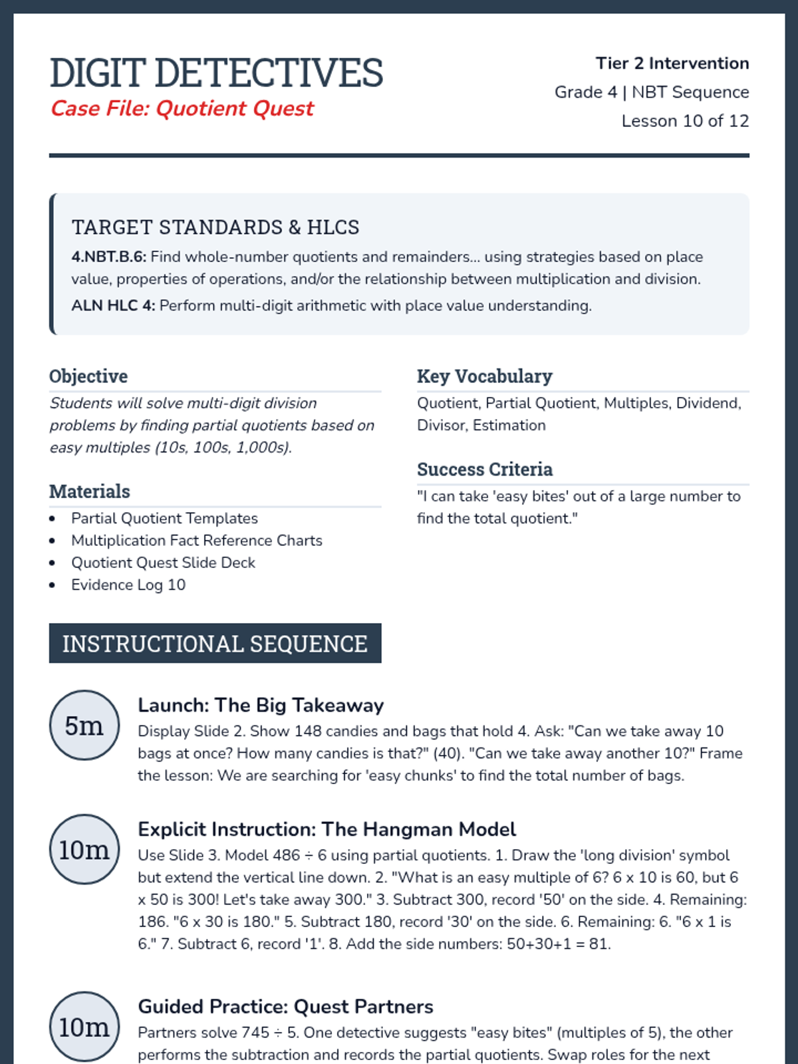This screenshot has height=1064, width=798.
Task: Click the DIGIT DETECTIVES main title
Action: click(x=216, y=72)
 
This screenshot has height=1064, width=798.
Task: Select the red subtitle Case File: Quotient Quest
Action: click(x=182, y=108)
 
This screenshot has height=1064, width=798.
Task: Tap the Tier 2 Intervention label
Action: click(x=672, y=63)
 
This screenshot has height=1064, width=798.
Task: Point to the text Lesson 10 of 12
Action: click(x=685, y=121)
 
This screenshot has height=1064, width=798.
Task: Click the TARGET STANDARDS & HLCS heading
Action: click(x=215, y=227)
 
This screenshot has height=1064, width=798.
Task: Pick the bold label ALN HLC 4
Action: click(x=113, y=306)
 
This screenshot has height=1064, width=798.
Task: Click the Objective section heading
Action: click(x=88, y=376)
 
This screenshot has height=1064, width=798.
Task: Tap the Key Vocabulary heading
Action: click(x=484, y=376)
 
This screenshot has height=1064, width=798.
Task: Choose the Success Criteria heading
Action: click(x=484, y=469)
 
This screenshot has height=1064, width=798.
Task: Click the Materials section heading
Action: click(x=90, y=491)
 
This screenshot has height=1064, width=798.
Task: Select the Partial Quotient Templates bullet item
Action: click(x=164, y=519)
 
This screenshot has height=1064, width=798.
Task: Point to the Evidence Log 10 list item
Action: click(x=128, y=585)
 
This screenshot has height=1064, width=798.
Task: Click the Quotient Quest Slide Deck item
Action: click(x=163, y=563)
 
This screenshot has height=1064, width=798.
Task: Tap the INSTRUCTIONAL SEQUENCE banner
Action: click(x=215, y=644)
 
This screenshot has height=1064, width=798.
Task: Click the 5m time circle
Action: click(x=84, y=726)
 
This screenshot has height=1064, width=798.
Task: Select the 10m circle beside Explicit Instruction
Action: click(x=84, y=850)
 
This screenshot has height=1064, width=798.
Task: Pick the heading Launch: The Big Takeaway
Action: click(x=261, y=706)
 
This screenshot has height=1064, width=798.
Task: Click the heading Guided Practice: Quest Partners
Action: click(x=285, y=1007)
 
